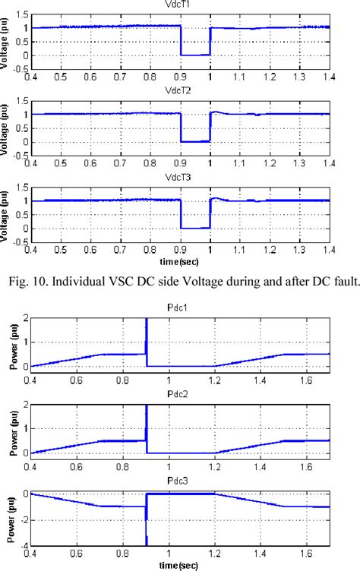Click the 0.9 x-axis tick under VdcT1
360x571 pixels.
click(181, 77)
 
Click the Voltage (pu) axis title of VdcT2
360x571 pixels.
click(7, 127)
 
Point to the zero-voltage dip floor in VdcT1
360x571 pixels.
click(195, 55)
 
